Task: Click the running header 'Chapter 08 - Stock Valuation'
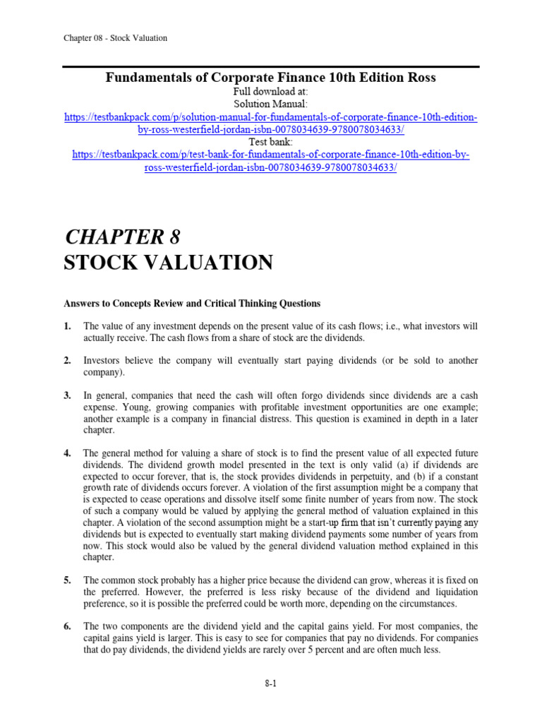[116, 38]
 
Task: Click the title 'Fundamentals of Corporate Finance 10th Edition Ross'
[271, 78]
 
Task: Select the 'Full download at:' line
[271, 92]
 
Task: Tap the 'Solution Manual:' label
[271, 104]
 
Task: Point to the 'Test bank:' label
[271, 143]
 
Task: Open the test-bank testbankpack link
[271, 162]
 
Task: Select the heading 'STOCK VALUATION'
[168, 263]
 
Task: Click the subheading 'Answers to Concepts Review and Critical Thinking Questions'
[192, 304]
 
